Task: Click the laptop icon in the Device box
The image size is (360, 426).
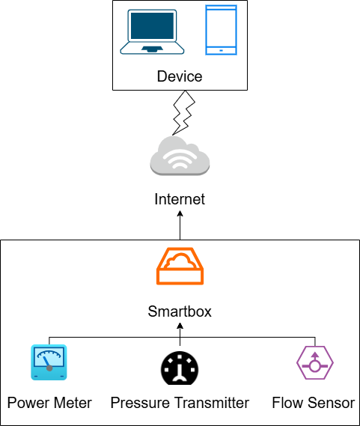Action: coord(153,31)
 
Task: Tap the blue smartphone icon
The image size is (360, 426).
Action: coord(221,30)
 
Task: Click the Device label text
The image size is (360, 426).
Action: coord(180,77)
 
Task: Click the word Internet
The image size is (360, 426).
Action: coord(180,200)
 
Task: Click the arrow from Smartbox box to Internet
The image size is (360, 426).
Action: coord(180,225)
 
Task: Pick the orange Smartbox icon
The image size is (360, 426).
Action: coord(180,267)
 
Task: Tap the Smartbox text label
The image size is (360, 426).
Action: coord(180,311)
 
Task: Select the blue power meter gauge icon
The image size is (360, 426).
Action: coord(49,363)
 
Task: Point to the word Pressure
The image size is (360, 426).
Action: coord(140,403)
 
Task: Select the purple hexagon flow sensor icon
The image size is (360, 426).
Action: coord(314,363)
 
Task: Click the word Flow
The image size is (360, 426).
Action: coord(288,403)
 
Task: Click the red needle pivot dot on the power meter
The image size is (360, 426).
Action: coord(49,368)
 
